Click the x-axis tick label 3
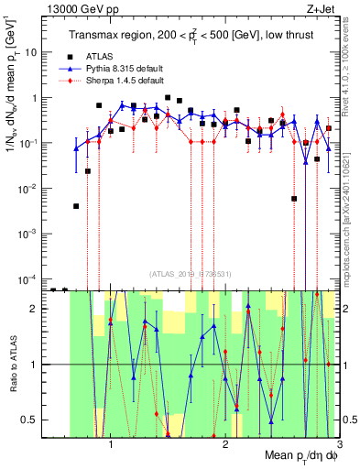point(339,445)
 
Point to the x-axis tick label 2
point(225,445)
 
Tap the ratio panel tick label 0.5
point(32,420)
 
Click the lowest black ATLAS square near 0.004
point(76,206)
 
